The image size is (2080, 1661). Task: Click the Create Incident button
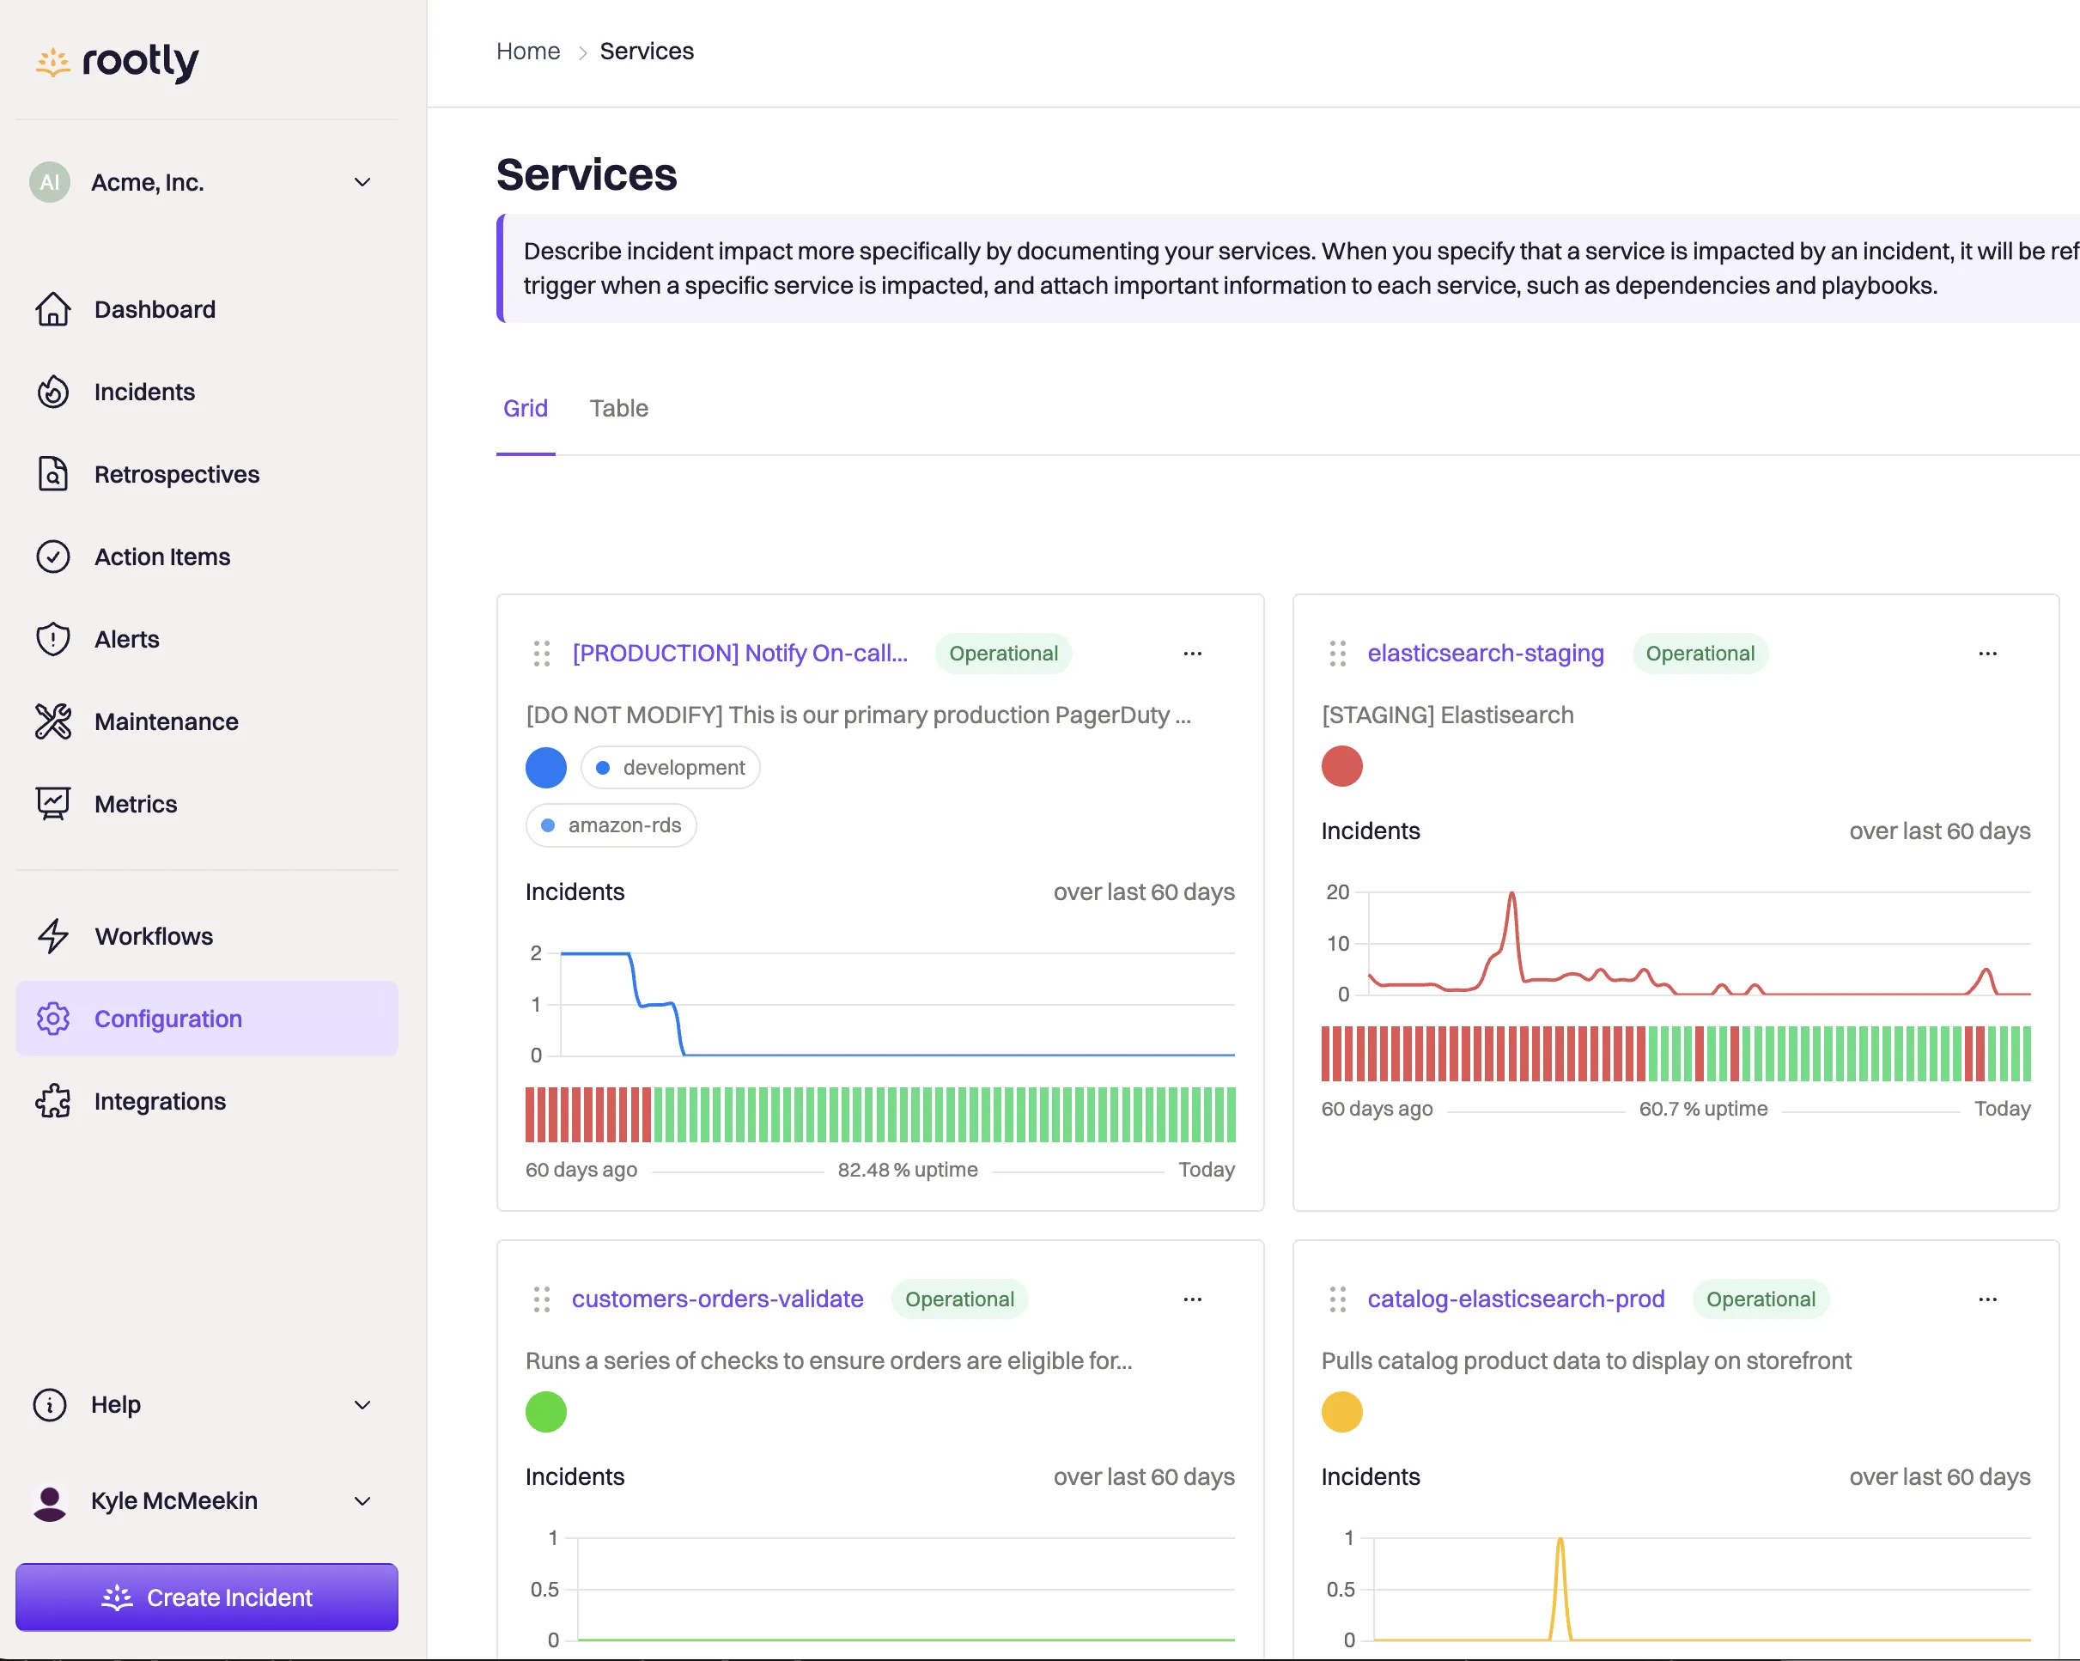(x=206, y=1597)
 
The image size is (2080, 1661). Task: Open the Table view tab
(x=618, y=408)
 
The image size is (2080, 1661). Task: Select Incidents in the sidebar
(x=143, y=392)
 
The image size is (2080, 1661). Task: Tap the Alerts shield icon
(x=53, y=639)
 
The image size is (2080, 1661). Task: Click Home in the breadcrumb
(x=527, y=52)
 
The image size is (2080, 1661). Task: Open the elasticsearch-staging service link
(x=1486, y=653)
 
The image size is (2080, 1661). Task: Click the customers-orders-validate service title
(x=717, y=1299)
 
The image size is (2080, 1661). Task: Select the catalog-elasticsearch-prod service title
(x=1516, y=1299)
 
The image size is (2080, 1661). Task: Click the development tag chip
(x=671, y=767)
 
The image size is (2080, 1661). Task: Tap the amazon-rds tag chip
(x=611, y=824)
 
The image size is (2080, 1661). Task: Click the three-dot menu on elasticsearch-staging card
(x=1987, y=653)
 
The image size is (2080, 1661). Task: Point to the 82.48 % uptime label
(x=907, y=1169)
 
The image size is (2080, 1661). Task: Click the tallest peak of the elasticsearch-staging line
(x=1511, y=893)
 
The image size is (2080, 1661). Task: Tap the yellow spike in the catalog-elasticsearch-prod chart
(x=1560, y=1539)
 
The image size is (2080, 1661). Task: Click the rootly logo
(x=117, y=62)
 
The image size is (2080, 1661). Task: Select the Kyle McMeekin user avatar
(x=49, y=1501)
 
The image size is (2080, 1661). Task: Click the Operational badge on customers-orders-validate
(x=959, y=1299)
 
